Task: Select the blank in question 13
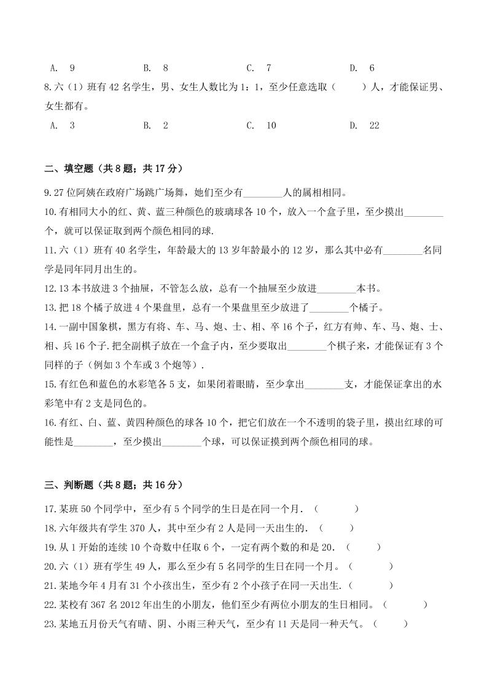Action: (x=330, y=308)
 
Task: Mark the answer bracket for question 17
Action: (x=336, y=509)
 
